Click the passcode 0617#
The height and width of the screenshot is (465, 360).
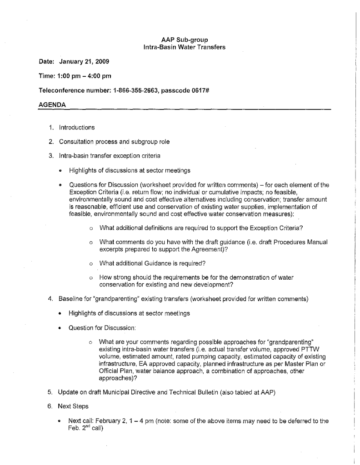click(x=196, y=90)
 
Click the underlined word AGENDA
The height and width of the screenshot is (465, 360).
click(x=52, y=104)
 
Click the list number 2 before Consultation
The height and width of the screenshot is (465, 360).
click(x=51, y=142)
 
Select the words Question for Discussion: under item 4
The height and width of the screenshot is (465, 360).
click(x=102, y=328)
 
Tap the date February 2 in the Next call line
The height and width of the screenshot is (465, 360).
click(x=109, y=421)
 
